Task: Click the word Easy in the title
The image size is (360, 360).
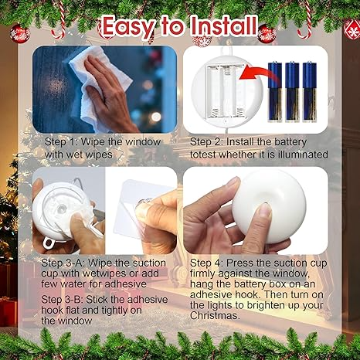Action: [x=128, y=26]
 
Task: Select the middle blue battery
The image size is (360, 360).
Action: [x=292, y=91]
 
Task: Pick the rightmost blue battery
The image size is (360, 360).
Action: [x=310, y=91]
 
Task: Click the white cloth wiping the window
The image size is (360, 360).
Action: [x=99, y=85]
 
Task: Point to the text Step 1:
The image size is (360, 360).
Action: [x=61, y=142]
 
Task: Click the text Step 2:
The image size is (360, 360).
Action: [x=206, y=142]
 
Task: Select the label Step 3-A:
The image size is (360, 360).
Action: [x=63, y=263]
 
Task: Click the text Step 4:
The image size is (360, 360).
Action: [x=206, y=263]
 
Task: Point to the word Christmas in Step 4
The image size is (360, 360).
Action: [x=215, y=316]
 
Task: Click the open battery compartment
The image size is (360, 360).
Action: [x=225, y=92]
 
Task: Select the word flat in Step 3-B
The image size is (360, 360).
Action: [x=73, y=310]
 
